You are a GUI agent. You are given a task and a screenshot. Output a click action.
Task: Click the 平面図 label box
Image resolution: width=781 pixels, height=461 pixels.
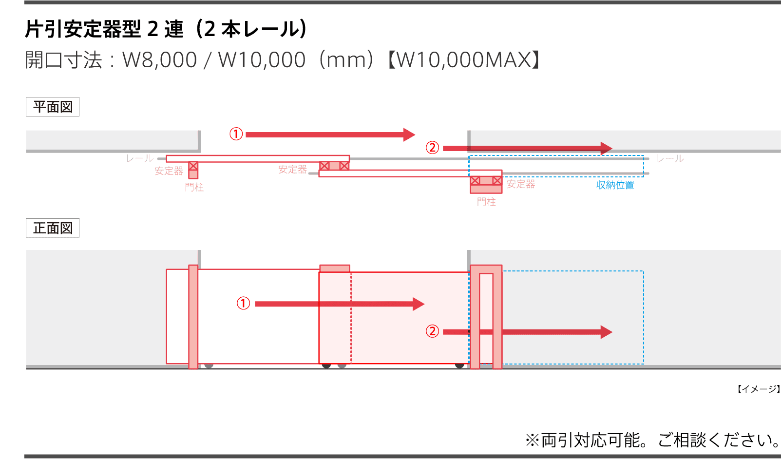[53, 107]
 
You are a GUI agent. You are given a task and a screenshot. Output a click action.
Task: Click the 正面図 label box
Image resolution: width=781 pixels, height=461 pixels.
[53, 228]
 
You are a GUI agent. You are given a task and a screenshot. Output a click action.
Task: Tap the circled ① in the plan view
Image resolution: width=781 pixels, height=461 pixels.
[236, 134]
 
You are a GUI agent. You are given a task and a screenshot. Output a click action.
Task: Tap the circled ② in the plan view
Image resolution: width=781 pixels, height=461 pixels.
[433, 147]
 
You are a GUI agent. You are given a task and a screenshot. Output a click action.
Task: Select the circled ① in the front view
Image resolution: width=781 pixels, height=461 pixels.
[243, 304]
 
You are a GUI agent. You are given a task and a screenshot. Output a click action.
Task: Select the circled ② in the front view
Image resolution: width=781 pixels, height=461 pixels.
[433, 331]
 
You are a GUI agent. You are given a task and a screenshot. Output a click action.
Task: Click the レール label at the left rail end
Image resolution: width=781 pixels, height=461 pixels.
[140, 158]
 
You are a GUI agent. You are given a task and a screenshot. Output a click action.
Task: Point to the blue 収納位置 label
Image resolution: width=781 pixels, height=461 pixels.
[615, 185]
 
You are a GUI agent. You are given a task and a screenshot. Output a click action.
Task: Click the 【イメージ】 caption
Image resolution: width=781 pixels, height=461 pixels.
[758, 389]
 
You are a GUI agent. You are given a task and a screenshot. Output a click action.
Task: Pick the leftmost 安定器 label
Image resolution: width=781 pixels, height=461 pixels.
[169, 171]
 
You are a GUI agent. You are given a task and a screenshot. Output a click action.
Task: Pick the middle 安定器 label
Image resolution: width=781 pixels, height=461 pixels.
[293, 170]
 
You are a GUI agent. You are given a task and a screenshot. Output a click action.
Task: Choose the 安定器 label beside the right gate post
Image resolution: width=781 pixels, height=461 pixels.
[521, 184]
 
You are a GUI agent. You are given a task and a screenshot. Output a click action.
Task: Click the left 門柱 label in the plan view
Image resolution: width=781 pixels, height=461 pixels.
[194, 187]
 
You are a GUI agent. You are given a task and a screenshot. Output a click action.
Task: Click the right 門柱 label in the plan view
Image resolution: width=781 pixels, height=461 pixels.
[486, 202]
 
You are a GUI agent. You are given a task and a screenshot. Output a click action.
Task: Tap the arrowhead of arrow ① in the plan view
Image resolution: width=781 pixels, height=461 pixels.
[410, 134]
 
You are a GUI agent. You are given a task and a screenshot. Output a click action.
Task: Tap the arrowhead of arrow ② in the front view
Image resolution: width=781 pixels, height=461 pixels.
[606, 332]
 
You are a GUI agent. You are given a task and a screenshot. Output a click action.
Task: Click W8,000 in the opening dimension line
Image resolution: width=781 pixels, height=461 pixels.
[159, 60]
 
